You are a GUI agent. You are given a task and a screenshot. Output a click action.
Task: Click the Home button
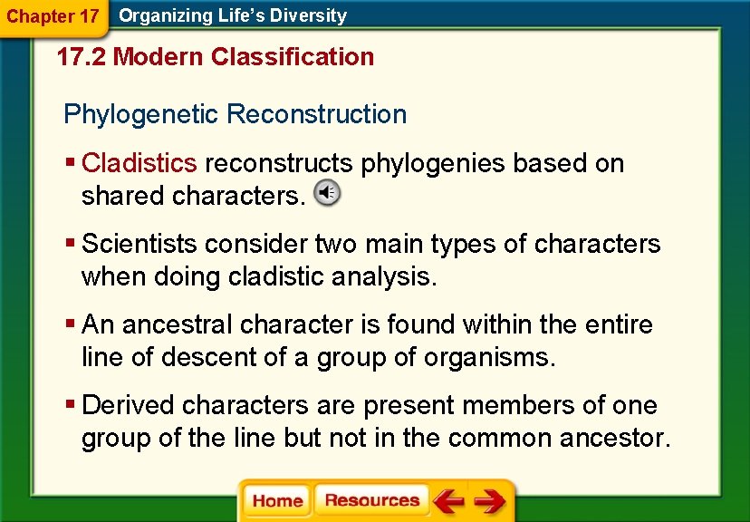click(277, 501)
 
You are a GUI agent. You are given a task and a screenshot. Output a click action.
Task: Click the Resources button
click(371, 501)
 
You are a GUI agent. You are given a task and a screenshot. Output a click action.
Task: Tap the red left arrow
click(447, 501)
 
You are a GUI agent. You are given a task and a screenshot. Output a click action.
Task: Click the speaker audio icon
click(327, 193)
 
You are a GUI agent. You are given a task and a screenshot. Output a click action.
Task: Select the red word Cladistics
click(139, 163)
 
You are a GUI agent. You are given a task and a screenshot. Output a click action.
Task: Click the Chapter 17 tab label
click(53, 16)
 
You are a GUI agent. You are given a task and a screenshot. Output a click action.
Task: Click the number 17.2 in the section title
click(82, 57)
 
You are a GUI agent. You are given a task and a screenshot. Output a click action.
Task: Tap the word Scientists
click(139, 244)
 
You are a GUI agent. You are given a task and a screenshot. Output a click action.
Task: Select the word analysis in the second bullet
click(391, 276)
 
